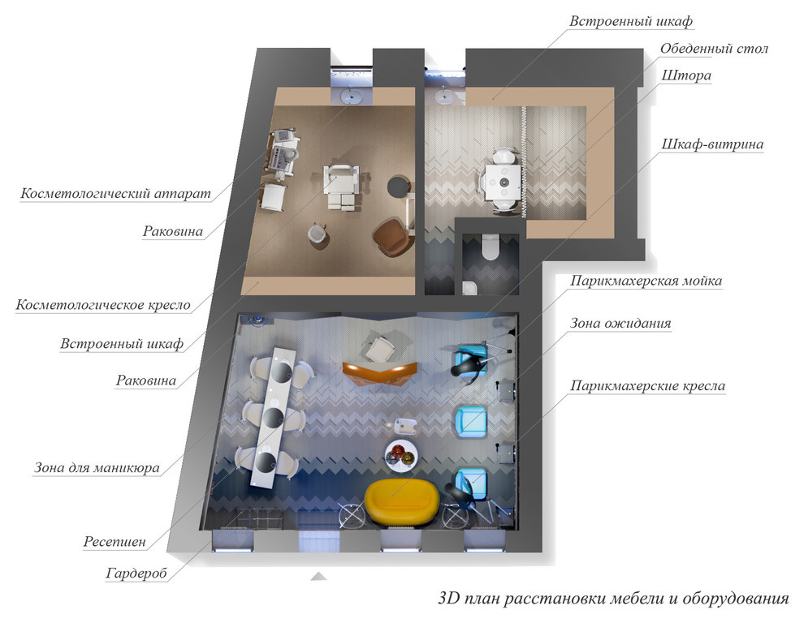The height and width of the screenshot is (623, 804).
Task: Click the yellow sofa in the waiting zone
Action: [x=401, y=501]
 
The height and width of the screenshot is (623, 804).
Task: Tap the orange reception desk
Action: [x=380, y=372]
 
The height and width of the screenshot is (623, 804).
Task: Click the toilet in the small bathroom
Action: [x=491, y=247]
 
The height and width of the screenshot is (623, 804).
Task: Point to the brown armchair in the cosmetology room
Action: [x=392, y=237]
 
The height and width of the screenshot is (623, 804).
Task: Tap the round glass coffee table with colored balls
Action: [x=401, y=455]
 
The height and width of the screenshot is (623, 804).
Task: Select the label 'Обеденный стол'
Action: [x=714, y=49]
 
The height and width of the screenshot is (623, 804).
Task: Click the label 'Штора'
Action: [x=686, y=75]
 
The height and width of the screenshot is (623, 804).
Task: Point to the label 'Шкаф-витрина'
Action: [x=712, y=144]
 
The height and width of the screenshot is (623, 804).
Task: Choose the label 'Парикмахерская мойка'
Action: [x=646, y=281]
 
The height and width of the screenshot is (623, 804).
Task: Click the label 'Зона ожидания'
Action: [x=620, y=324]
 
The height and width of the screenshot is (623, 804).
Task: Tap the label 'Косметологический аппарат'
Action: [x=115, y=194]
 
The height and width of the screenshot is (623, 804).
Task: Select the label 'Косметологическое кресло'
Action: [x=103, y=305]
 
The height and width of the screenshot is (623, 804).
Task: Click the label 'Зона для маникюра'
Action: [x=97, y=468]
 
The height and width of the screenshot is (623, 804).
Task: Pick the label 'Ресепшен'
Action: [x=115, y=542]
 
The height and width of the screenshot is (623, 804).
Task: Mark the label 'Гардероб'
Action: [x=136, y=573]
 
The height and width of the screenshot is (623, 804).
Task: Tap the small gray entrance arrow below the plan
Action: [x=318, y=577]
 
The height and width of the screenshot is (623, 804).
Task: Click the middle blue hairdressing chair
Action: [x=470, y=422]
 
